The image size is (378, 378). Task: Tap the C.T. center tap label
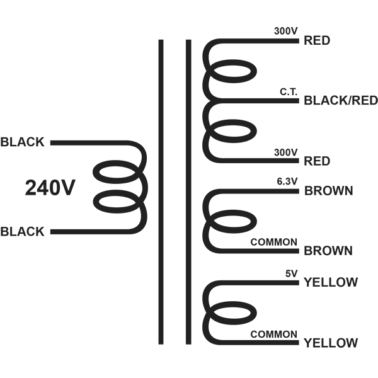tap(289, 93)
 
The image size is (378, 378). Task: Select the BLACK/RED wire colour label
tap(340, 100)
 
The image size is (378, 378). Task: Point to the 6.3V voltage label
tap(287, 183)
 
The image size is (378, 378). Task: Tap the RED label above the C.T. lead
tap(317, 41)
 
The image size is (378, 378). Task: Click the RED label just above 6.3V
tap(317, 161)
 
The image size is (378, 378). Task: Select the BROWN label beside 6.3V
tap(328, 191)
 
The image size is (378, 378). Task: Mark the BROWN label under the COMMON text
tap(328, 251)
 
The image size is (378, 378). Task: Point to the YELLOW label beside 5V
tap(331, 283)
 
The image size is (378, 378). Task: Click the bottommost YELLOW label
tap(331, 343)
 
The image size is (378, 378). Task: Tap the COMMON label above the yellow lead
tap(274, 334)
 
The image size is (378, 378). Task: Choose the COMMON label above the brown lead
tap(274, 242)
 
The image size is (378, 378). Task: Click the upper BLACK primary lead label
tap(23, 142)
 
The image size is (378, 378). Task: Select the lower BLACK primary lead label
tap(23, 232)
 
